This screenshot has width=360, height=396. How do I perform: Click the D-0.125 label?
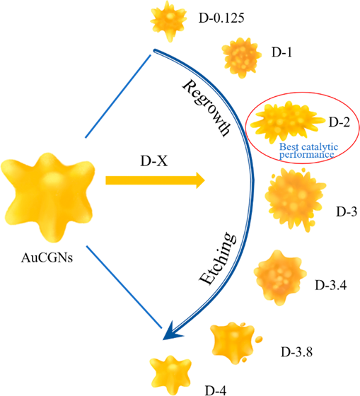click(x=221, y=18)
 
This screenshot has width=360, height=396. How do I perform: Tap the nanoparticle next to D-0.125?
click(x=168, y=21)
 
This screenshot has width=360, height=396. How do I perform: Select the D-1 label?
click(x=281, y=52)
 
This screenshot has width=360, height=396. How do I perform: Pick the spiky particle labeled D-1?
click(x=241, y=58)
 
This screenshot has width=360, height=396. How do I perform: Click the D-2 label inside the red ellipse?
click(x=339, y=122)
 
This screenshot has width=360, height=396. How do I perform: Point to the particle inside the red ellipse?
click(x=287, y=121)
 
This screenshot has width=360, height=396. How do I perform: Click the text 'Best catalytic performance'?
click(x=308, y=151)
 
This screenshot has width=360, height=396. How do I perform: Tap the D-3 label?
click(x=347, y=211)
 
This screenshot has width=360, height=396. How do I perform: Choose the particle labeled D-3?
click(x=295, y=199)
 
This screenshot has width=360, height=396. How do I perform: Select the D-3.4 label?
click(x=331, y=285)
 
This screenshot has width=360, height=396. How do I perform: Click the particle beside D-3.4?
click(x=280, y=277)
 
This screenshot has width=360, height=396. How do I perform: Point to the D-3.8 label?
click(x=296, y=352)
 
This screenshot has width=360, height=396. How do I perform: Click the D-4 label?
click(x=216, y=390)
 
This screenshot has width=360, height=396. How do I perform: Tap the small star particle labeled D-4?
click(x=170, y=374)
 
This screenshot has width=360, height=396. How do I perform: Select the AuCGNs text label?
click(x=47, y=257)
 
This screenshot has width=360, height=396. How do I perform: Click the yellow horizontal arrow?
click(x=155, y=180)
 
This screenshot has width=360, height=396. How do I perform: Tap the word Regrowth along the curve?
click(x=207, y=108)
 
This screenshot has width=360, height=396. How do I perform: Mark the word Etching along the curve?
click(x=218, y=258)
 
